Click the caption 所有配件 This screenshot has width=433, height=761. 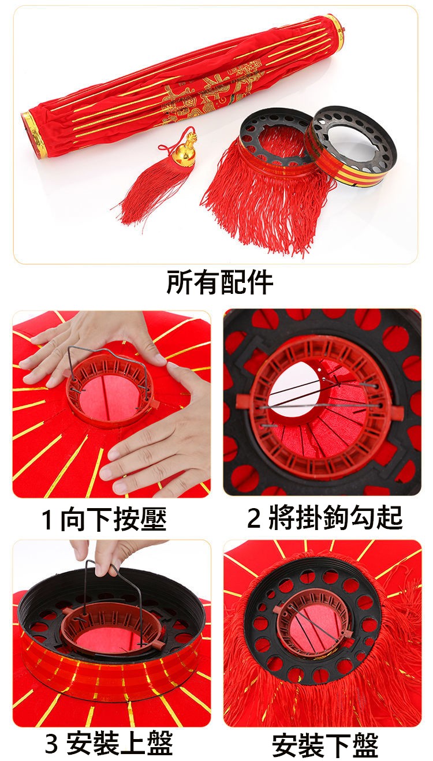220,282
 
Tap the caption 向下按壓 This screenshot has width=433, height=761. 113,518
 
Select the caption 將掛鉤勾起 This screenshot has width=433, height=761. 335,518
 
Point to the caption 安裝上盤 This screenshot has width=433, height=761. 119,743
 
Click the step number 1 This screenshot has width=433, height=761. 47,520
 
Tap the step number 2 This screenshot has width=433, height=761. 253,518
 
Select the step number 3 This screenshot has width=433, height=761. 51,743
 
